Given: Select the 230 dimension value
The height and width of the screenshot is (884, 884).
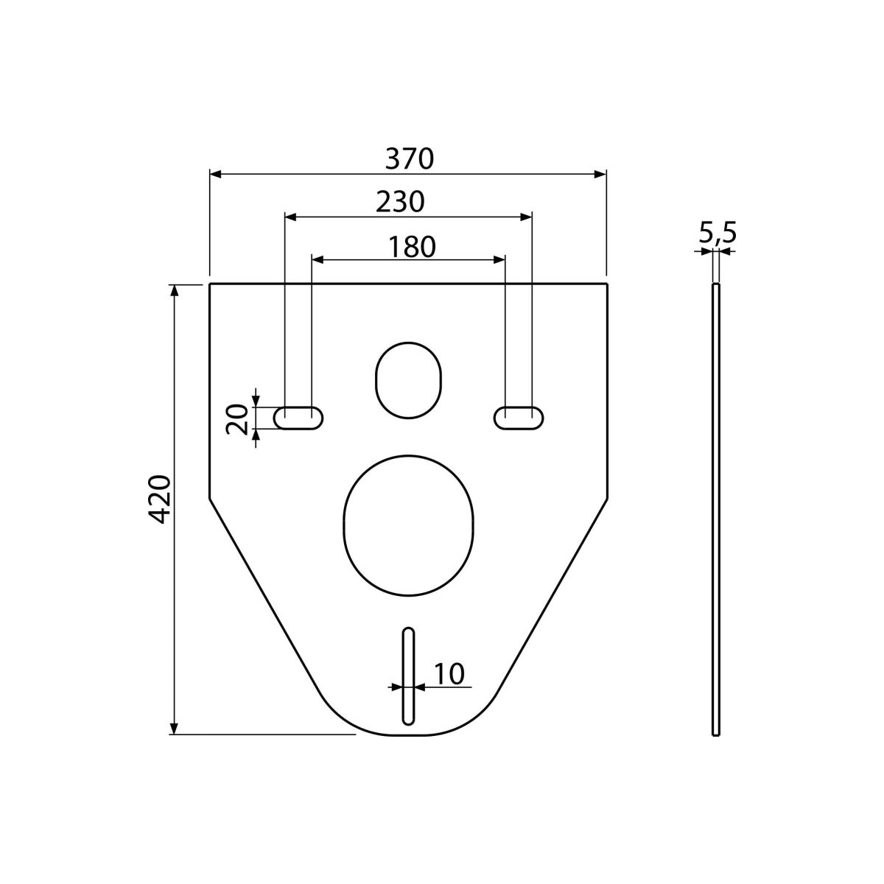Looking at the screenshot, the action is point(400,203).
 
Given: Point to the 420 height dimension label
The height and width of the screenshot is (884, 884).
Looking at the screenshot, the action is point(161,499).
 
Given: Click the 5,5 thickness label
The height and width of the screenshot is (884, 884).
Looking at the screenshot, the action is point(718,233).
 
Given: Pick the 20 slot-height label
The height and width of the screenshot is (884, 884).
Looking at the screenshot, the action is point(237,419).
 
